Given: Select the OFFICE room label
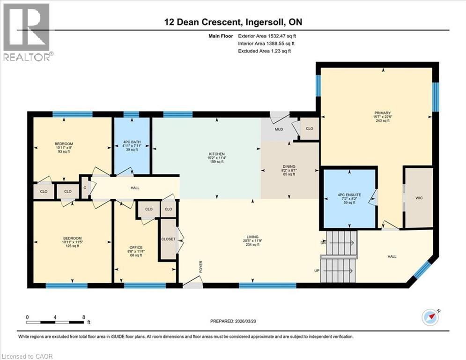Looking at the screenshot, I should pyautogui.click(x=136, y=247).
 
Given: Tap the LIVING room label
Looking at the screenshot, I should pyautogui.click(x=253, y=237).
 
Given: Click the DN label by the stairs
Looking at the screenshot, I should pyautogui.click(x=323, y=243).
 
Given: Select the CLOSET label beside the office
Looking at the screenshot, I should pyautogui.click(x=168, y=239).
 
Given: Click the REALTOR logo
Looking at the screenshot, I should pyautogui.click(x=27, y=32).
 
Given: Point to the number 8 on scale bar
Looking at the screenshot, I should pyautogui.click(x=83, y=317).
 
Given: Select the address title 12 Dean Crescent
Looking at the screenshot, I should pyautogui.click(x=233, y=22).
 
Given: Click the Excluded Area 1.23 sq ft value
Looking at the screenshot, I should pyautogui.click(x=265, y=51).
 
